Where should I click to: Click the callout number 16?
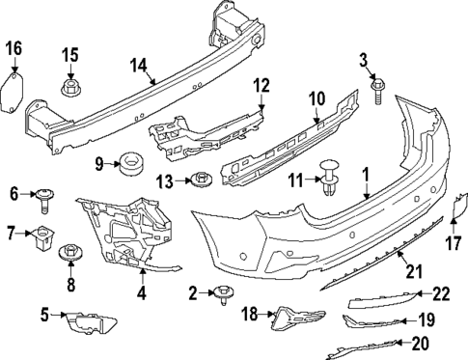point(14,47)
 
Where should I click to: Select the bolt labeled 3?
point(378,92)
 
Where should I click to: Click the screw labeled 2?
point(224,295)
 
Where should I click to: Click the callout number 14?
point(138,66)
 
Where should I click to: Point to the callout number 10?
point(317,97)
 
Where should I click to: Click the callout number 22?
point(440,293)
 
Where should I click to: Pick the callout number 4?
point(142,291)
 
